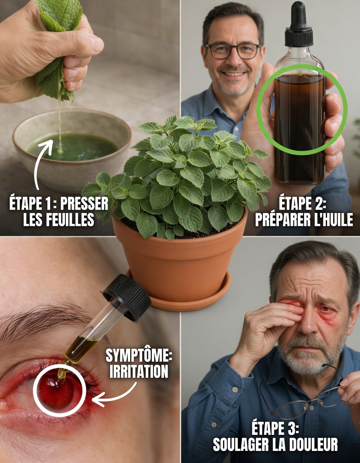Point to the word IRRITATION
tap(139, 371)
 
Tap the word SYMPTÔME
tap(139, 355)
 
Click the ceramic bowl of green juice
tap(72, 149)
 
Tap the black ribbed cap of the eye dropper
tap(127, 297)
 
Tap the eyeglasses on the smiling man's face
tap(233, 51)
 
